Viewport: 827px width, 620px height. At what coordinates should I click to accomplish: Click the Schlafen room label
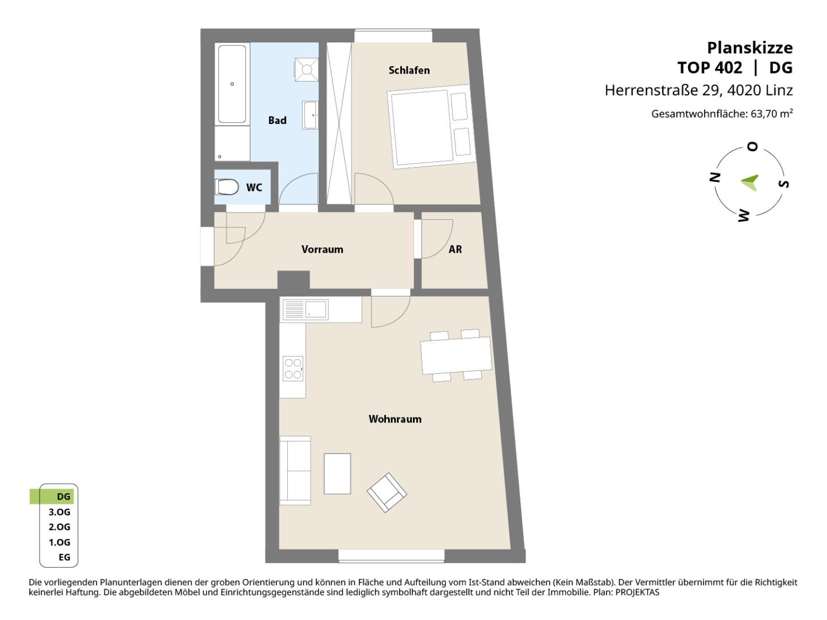(409, 71)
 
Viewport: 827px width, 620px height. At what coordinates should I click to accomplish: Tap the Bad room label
(277, 121)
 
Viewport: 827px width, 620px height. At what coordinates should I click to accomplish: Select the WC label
(254, 188)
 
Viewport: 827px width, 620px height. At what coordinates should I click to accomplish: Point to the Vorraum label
(322, 249)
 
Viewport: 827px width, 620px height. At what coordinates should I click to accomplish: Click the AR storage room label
(455, 249)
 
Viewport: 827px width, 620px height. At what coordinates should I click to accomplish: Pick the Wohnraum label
(395, 419)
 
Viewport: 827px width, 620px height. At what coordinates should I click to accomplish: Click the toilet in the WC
(227, 187)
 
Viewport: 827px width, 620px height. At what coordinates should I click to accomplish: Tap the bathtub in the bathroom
(232, 84)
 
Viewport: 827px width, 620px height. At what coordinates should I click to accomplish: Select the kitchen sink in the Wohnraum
(305, 309)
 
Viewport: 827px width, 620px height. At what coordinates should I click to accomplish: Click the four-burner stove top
(293, 369)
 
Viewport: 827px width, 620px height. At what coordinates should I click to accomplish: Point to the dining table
(456, 355)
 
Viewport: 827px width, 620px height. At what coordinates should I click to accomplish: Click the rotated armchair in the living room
(387, 493)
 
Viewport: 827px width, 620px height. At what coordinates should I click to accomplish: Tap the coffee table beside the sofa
(337, 474)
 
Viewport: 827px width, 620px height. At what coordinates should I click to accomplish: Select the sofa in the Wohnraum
(295, 471)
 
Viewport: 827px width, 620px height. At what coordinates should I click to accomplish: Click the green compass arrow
(749, 183)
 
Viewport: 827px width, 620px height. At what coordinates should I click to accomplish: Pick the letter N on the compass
(715, 177)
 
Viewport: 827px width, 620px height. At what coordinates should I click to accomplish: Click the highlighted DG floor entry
(52, 497)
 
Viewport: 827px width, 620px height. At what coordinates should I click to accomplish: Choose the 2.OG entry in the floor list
(59, 527)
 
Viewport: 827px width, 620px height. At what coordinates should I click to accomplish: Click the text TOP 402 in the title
(710, 68)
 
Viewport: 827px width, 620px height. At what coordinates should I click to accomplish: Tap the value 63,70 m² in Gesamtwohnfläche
(772, 114)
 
